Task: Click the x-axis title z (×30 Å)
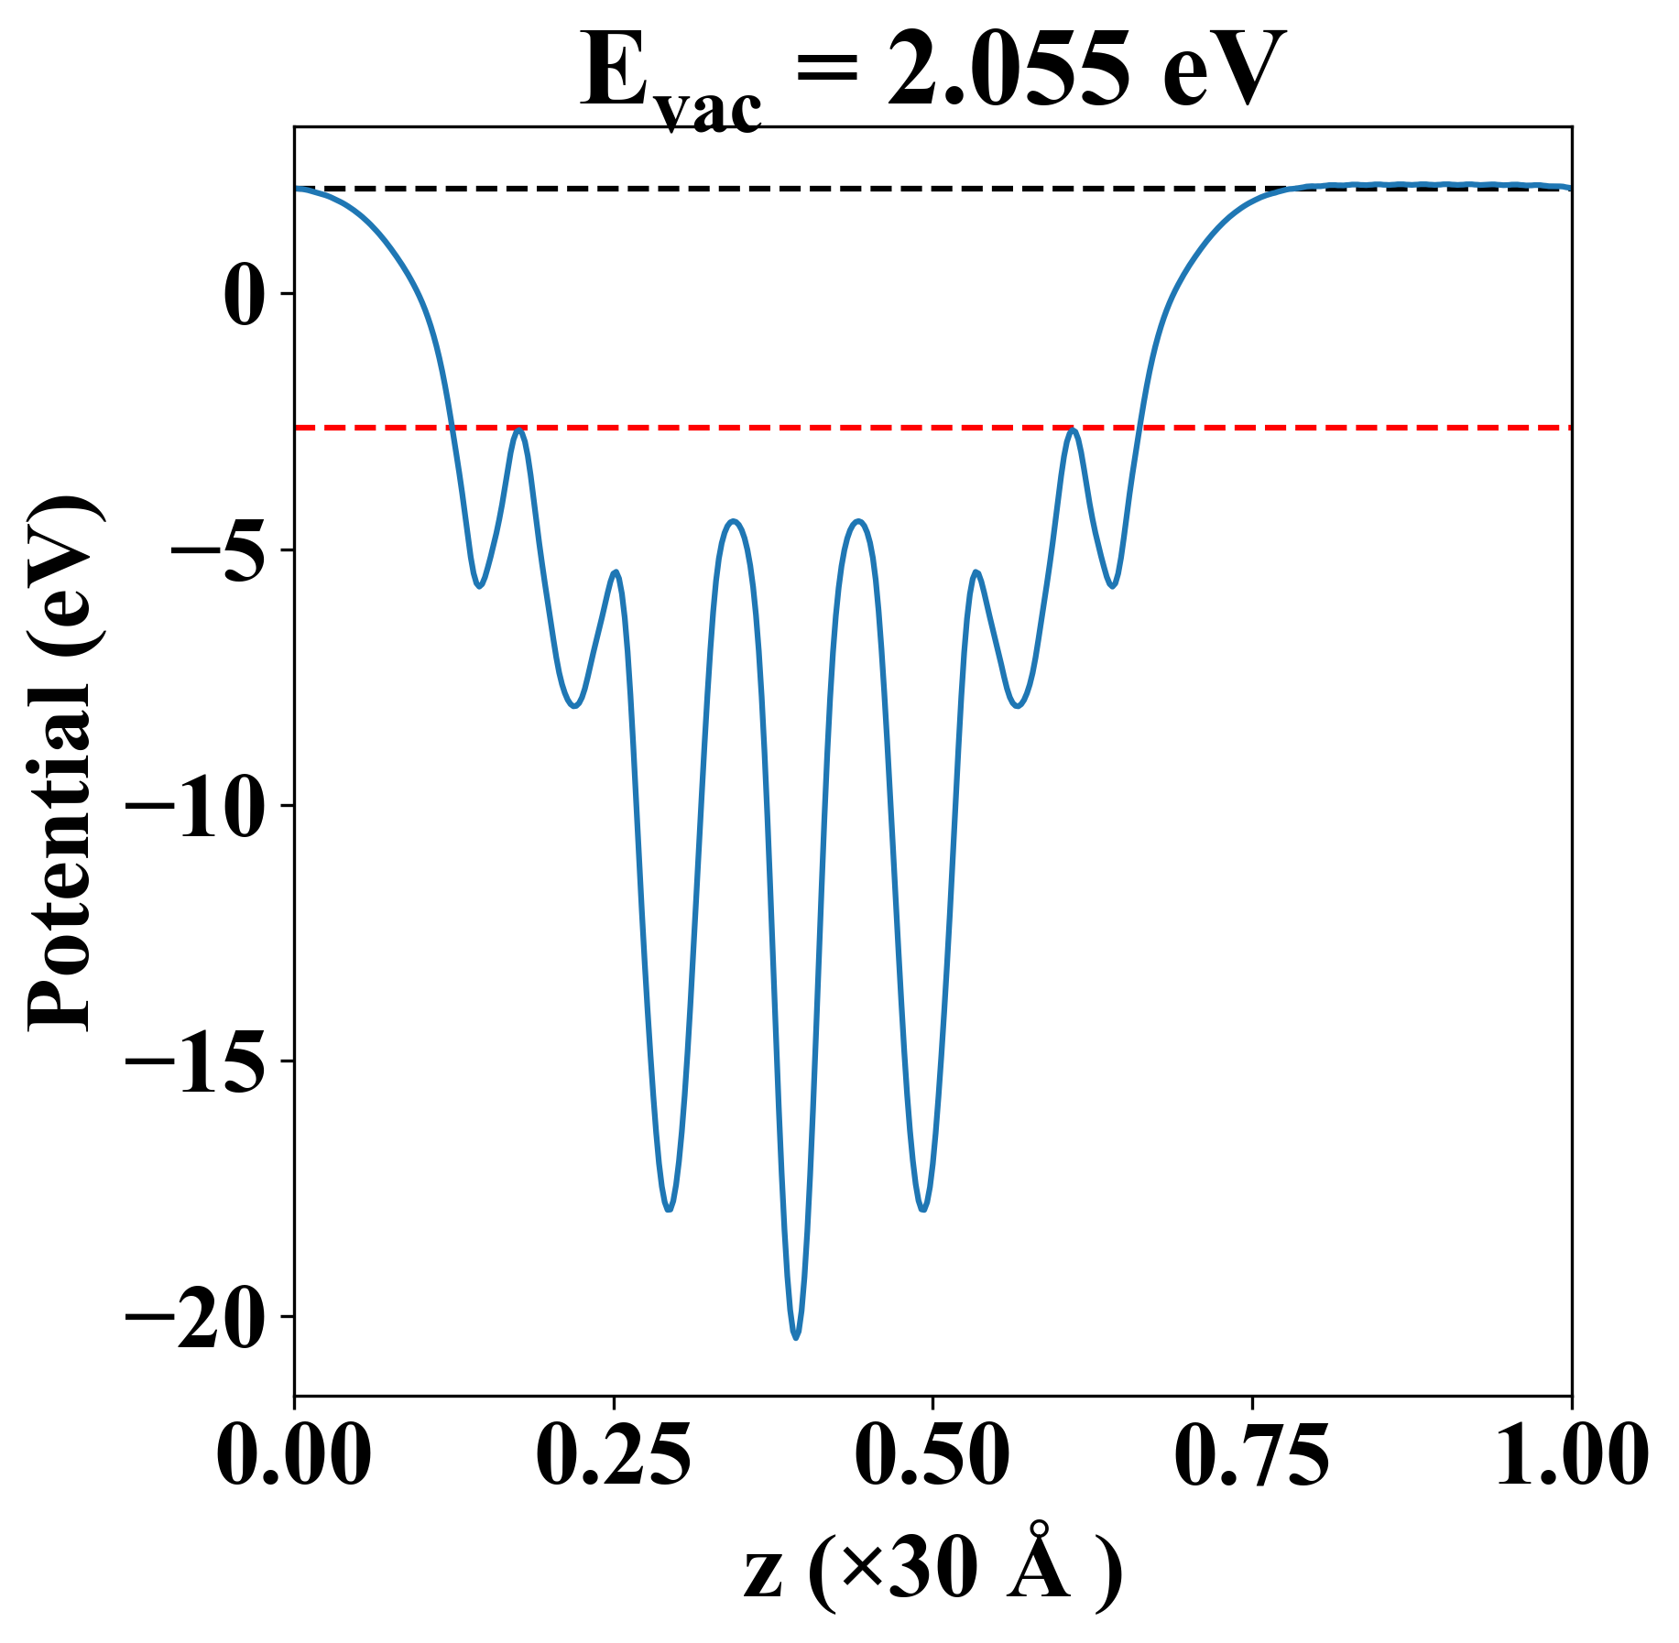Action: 932,1573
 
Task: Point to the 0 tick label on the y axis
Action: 245,295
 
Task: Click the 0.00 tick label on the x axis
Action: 294,1454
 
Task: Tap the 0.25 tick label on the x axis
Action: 614,1454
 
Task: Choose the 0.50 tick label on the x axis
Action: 932,1454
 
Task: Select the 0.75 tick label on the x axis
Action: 1252,1454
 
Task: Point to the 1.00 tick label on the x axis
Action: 1570,1454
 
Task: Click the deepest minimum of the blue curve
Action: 796,1337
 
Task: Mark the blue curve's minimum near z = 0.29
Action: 670,1210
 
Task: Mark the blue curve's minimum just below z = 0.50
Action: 922,1210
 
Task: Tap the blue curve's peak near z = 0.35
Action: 734,521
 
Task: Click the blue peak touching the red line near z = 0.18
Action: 520,430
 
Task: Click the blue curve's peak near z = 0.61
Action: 1074,430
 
